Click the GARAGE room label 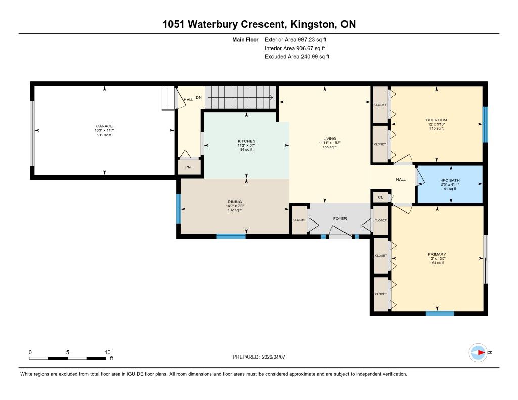coord(104,126)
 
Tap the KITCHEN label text coord(247,141)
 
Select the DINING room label coord(235,202)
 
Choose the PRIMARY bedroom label coord(437,254)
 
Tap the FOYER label coord(340,219)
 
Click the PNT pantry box coord(189,167)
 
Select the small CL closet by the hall coord(380,197)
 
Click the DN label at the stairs coord(200,97)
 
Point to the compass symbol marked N coord(478,352)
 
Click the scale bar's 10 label coord(107,352)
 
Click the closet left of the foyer coord(299,220)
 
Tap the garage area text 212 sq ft coord(104,135)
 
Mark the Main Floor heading coord(246,39)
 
